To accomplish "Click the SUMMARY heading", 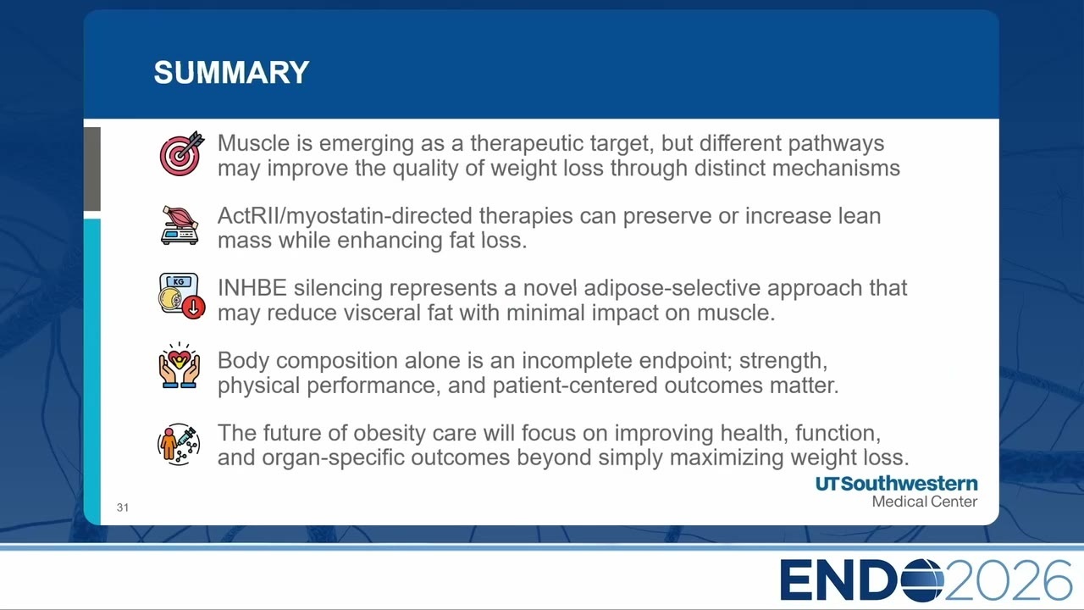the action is [x=231, y=73].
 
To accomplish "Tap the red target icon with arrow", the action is [x=182, y=153].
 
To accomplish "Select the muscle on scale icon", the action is [x=180, y=225].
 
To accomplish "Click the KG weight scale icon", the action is [x=182, y=296].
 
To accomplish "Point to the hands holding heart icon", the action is [x=179, y=365].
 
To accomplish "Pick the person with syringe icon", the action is [x=179, y=444].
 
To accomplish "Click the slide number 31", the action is [x=123, y=507].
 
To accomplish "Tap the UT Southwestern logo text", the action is [x=896, y=484].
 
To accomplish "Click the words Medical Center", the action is [x=924, y=502].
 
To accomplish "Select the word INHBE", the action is [x=252, y=288].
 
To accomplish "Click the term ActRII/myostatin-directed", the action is [x=345, y=216].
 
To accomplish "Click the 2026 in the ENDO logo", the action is [x=1009, y=580].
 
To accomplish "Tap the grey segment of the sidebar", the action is [x=92, y=169].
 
